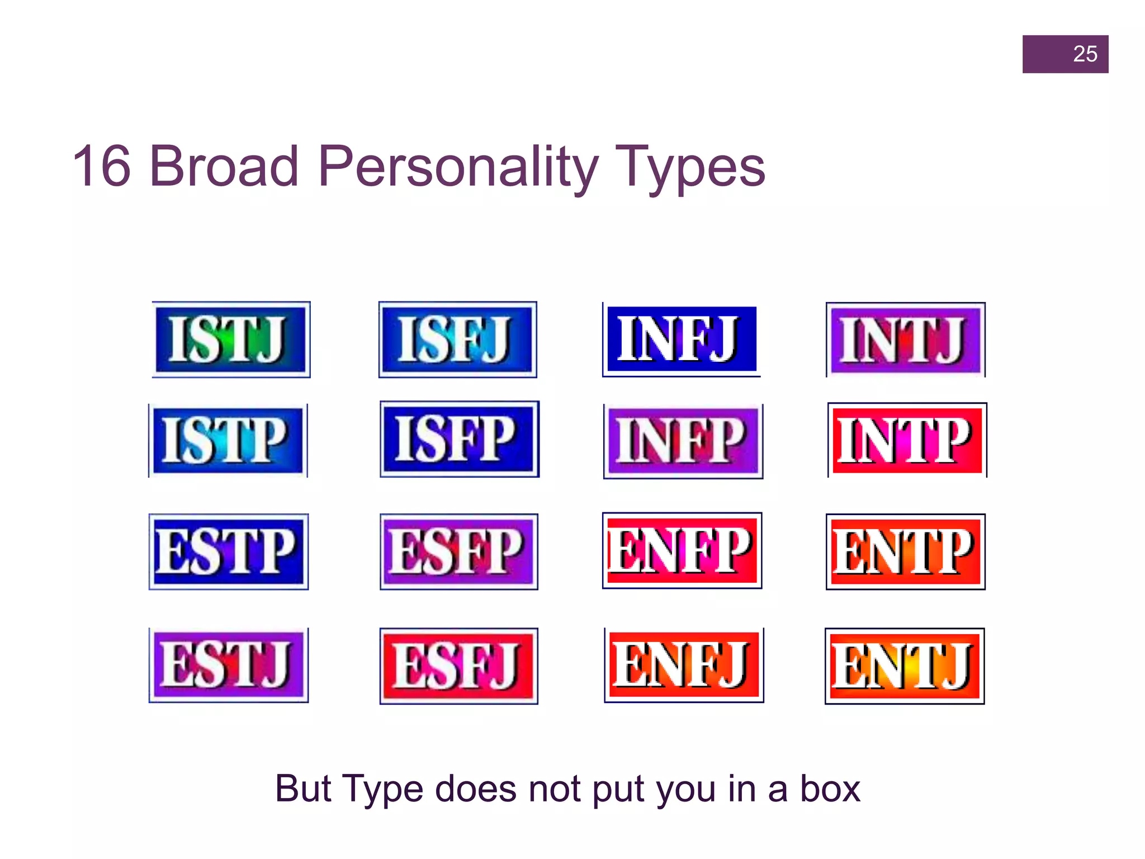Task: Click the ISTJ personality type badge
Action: tap(231, 339)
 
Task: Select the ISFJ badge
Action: tap(457, 339)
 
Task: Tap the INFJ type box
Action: tap(682, 339)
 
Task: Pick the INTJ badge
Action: tap(906, 339)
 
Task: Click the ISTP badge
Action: tap(228, 441)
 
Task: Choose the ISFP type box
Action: tap(460, 439)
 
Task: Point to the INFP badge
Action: tap(683, 441)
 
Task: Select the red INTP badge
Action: tap(907, 440)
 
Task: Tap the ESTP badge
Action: tap(229, 551)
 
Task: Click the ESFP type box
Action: tap(459, 551)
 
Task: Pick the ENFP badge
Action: tap(682, 550)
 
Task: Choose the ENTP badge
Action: tap(906, 551)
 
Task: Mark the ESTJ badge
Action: tap(229, 665)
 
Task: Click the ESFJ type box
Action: tap(459, 666)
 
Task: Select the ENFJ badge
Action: tap(684, 665)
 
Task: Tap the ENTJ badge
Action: tap(905, 666)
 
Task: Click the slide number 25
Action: tap(1085, 54)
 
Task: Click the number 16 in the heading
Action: tap(102, 166)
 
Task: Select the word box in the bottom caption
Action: tap(830, 789)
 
